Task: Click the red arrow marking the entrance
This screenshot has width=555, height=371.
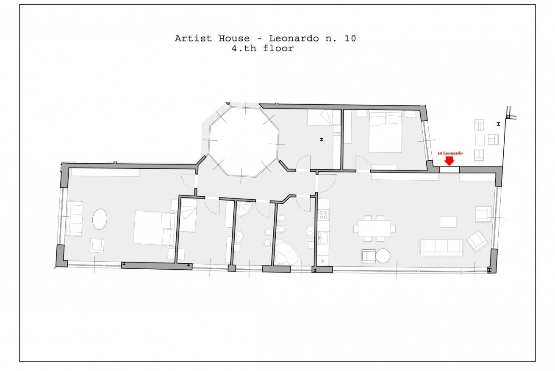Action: pos(449,161)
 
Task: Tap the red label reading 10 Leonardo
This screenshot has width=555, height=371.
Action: pos(450,153)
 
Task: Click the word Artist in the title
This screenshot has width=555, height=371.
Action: pos(193,39)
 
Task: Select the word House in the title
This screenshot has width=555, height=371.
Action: pos(234,39)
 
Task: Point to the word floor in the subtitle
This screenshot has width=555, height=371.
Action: pos(278,48)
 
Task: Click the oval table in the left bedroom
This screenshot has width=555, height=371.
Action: pos(100,219)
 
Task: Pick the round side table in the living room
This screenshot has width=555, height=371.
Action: pos(383,256)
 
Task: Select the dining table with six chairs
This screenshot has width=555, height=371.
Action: pos(375,229)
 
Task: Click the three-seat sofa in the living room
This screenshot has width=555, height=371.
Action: pos(441,247)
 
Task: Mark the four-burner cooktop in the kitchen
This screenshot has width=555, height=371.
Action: pos(324,215)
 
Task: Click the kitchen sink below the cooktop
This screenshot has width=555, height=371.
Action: pos(323,237)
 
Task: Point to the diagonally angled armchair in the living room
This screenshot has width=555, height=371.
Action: pos(477,241)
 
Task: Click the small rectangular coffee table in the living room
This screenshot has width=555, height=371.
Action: pos(448,222)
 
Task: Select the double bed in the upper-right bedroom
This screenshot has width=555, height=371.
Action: pos(385,132)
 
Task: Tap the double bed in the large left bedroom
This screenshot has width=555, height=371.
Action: pos(154,228)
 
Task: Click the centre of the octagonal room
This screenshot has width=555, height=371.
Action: pos(244,142)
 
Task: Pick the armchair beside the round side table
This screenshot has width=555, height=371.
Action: pos(369,256)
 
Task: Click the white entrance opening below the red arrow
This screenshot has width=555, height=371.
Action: pos(450,170)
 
